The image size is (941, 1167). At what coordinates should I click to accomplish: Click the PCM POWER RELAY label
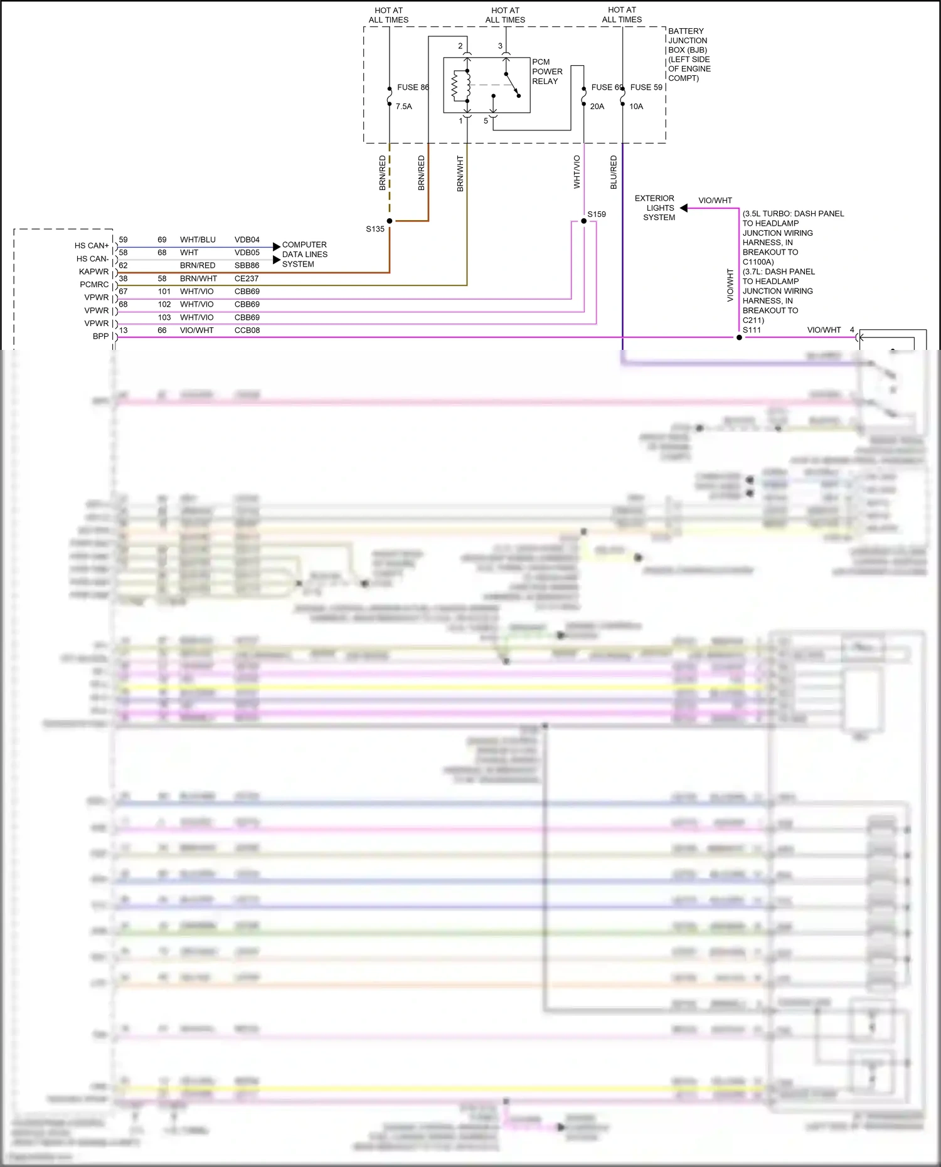point(547,71)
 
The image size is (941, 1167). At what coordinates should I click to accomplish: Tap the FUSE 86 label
point(413,87)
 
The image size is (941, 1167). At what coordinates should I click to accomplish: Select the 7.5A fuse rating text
point(403,107)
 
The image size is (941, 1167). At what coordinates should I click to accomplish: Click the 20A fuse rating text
point(597,107)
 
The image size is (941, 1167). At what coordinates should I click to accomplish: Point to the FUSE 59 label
point(646,87)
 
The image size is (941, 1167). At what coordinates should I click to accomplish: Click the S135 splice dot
point(390,221)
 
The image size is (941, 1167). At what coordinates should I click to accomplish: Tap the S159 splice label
point(597,214)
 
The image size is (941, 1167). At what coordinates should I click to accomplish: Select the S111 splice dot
point(739,337)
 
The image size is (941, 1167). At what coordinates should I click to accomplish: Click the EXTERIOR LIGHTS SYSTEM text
point(656,208)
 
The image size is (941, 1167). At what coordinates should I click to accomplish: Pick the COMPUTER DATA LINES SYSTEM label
point(304,254)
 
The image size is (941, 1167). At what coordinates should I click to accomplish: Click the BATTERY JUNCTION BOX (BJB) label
point(688,54)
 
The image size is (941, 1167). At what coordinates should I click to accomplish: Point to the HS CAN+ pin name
point(92,246)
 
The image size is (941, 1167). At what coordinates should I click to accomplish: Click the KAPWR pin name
point(94,272)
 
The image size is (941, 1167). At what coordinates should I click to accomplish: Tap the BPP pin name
point(100,336)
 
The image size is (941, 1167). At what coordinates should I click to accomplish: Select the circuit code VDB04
point(247,240)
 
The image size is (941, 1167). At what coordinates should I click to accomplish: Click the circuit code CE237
point(247,278)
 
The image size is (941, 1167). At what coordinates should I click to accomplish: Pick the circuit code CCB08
point(247,330)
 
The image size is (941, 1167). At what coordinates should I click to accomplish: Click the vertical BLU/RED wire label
point(614,172)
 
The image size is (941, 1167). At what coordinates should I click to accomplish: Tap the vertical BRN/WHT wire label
point(460,174)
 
